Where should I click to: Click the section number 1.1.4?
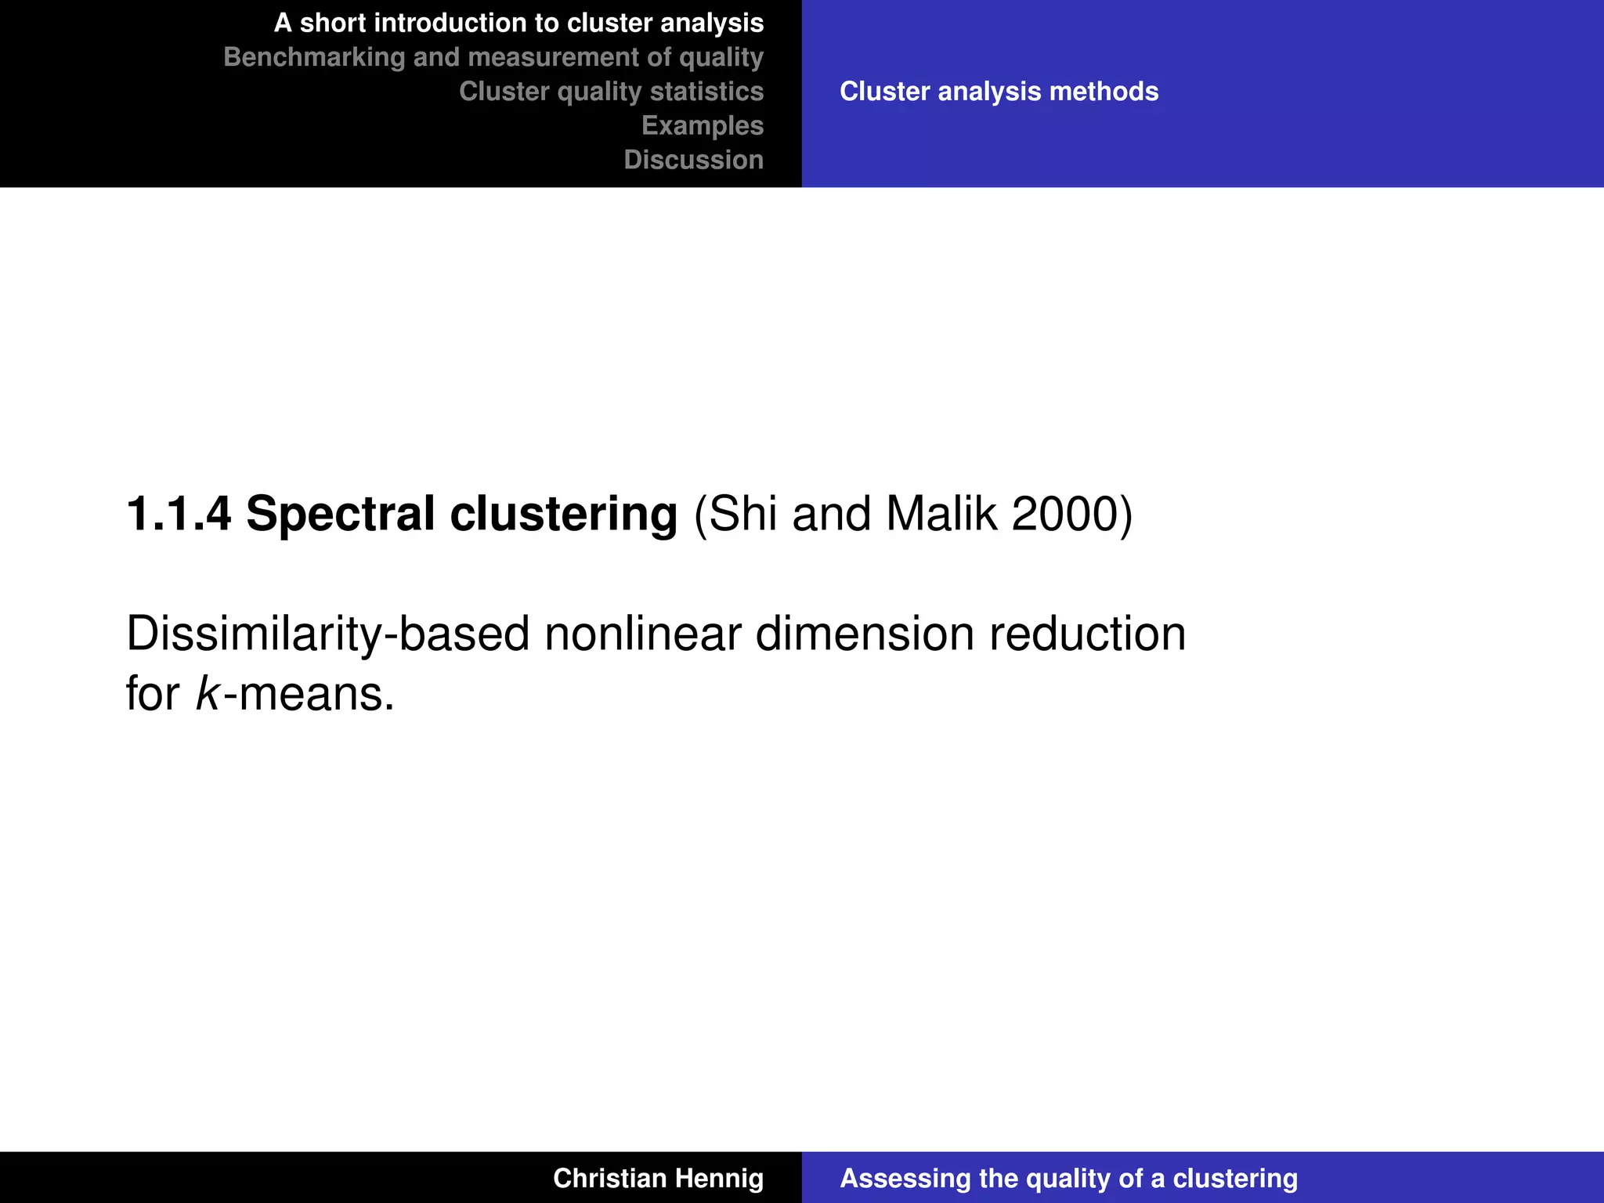coord(179,515)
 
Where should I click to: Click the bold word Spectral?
coord(340,515)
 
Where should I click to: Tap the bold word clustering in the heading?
coord(563,515)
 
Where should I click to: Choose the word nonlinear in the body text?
coord(642,634)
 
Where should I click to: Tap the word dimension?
coord(864,634)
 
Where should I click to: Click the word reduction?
coord(1087,634)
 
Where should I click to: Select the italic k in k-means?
coord(208,694)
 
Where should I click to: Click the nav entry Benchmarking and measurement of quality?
coord(493,57)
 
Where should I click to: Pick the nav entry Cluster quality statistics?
coord(611,92)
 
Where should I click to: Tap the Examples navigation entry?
coord(703,125)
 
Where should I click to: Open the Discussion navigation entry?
coord(693,160)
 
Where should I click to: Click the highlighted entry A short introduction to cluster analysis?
coord(518,23)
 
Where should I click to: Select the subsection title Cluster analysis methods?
coord(999,92)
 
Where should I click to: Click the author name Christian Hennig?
coord(658,1178)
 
